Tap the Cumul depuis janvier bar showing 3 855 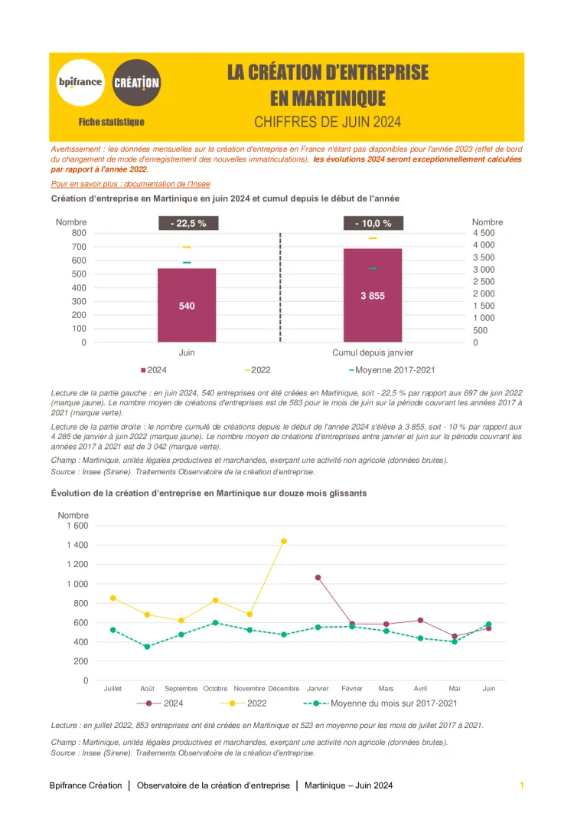pyautogui.click(x=373, y=295)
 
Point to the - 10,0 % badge pyautogui.click(x=373, y=223)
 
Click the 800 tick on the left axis pyautogui.click(x=78, y=232)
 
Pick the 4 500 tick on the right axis pyautogui.click(x=484, y=232)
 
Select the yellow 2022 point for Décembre pyautogui.click(x=284, y=541)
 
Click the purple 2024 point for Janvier pyautogui.click(x=318, y=578)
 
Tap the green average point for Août pyautogui.click(x=147, y=647)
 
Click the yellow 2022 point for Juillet pyautogui.click(x=113, y=598)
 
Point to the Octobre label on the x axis pyautogui.click(x=216, y=689)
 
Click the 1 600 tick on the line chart pyautogui.click(x=77, y=526)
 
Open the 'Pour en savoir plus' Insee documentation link pyautogui.click(x=130, y=184)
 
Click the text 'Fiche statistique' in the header pyautogui.click(x=111, y=122)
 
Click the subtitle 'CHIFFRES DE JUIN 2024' pyautogui.click(x=328, y=122)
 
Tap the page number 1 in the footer pyautogui.click(x=521, y=785)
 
